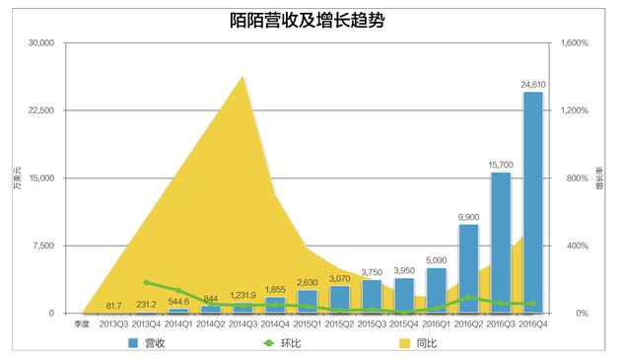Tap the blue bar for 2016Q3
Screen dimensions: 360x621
coord(501,243)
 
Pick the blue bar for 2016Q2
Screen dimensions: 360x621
coord(468,268)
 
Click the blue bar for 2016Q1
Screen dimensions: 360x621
coord(437,290)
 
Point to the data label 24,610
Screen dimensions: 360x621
coord(532,85)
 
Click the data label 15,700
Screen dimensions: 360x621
coord(501,165)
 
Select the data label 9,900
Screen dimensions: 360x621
coord(468,217)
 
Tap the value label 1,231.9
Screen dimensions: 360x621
coord(242,296)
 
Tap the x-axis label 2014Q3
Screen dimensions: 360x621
coord(242,323)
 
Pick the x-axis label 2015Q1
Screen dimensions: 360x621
coord(308,323)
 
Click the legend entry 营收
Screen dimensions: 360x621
coord(147,343)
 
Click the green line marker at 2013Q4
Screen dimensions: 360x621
coord(146,283)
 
